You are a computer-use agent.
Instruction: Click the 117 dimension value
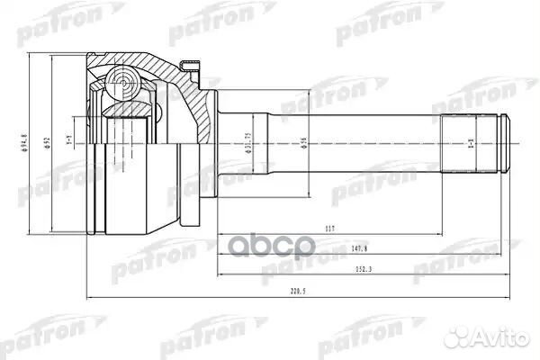pos(332,228)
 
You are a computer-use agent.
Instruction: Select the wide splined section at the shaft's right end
pos(468,145)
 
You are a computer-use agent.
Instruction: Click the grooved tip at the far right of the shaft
pos(506,145)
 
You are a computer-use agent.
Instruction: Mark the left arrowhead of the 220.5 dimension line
pos(87,296)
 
